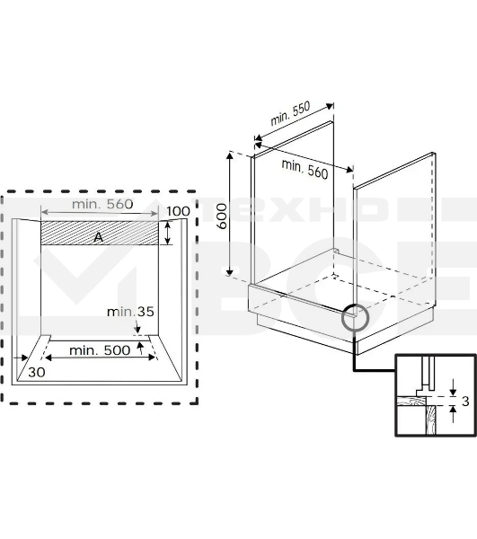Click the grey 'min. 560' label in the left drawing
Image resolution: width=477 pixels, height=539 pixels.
pyautogui.click(x=102, y=204)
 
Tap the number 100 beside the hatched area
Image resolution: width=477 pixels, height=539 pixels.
pyautogui.click(x=178, y=211)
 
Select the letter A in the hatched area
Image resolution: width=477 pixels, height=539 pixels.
pyautogui.click(x=98, y=237)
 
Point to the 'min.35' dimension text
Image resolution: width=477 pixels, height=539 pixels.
pyautogui.click(x=130, y=312)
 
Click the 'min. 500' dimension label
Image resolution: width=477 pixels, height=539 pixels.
pyautogui.click(x=100, y=350)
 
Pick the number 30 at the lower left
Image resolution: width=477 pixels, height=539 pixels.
pyautogui.click(x=37, y=372)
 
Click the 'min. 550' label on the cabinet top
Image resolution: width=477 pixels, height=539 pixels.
pyautogui.click(x=291, y=113)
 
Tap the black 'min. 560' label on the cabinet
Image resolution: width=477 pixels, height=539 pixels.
pyautogui.click(x=305, y=169)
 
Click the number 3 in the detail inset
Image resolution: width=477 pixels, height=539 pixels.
pyautogui.click(x=465, y=402)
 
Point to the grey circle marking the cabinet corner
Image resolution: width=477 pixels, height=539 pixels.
pyautogui.click(x=356, y=318)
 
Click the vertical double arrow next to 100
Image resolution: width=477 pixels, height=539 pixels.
pyautogui.click(x=168, y=233)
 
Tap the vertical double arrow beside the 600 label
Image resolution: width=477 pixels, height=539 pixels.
pyautogui.click(x=230, y=214)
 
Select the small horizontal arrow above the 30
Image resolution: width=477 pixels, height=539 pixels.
pyautogui.click(x=22, y=358)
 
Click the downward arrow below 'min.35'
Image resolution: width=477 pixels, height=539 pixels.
pyautogui.click(x=137, y=326)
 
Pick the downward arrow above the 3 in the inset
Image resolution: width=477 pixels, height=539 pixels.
pyautogui.click(x=454, y=387)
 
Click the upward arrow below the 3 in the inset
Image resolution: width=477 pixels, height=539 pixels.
pyautogui.click(x=454, y=414)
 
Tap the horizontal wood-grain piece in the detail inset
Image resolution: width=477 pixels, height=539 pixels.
pyautogui.click(x=411, y=401)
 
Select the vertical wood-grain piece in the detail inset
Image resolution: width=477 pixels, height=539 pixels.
pyautogui.click(x=430, y=420)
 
